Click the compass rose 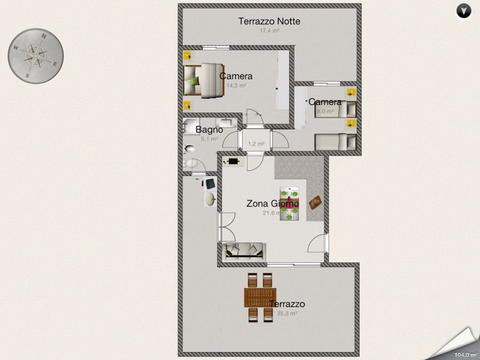pos(36,55)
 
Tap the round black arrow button pos(465,11)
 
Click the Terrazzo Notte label pos(269,21)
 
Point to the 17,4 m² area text pos(269,31)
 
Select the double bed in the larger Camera pos(203,81)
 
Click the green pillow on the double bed pos(195,81)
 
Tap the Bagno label pos(209,130)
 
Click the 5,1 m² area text pos(209,139)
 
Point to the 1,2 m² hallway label pos(256,143)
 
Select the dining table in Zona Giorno pos(290,204)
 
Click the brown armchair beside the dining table pos(315,202)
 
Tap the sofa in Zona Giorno pos(245,250)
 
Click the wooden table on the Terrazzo pos(260,298)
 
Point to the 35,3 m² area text pos(286,314)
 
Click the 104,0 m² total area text pos(465,354)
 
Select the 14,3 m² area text pos(236,85)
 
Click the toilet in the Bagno pos(190,149)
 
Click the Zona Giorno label pos(272,203)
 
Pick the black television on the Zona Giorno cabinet pos(234,161)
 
